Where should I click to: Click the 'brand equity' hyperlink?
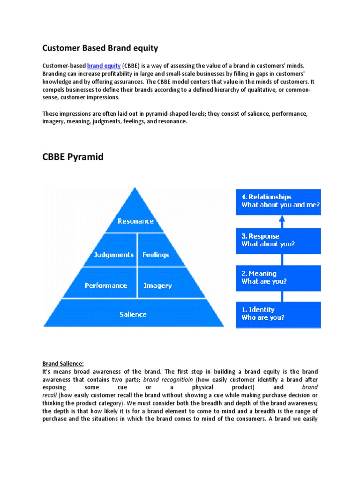point(104,66)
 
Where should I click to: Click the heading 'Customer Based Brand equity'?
point(100,48)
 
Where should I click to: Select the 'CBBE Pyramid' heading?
point(73,157)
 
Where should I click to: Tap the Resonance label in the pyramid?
point(135,221)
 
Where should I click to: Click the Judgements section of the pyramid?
point(114,255)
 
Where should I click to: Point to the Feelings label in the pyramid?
point(156,255)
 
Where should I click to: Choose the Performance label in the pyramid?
point(106,285)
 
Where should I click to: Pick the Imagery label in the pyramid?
point(157,285)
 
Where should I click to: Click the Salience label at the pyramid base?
point(133,315)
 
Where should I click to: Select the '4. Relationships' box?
point(278,202)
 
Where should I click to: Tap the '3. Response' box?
point(278,240)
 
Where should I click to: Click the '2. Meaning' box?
point(278,277)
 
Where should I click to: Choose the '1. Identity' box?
point(278,314)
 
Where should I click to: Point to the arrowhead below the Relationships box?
point(282,218)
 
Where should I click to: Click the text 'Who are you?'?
point(262,317)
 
